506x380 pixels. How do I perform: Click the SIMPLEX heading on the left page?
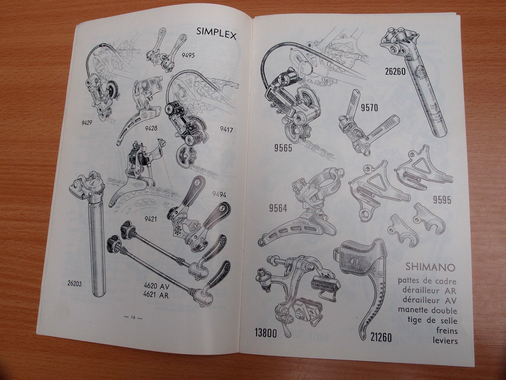(x=216, y=32)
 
